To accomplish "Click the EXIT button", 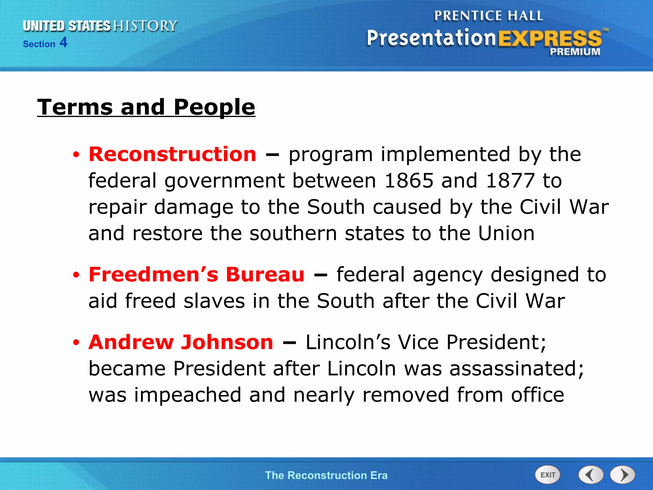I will click(547, 475).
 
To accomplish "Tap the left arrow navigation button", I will click(591, 475).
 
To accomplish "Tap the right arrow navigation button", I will click(623, 475).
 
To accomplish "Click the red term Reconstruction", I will click(172, 154).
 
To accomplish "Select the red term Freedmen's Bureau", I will click(196, 275).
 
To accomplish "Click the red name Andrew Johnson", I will click(181, 342).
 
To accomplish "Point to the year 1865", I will click(409, 181).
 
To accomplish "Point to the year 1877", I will click(510, 181).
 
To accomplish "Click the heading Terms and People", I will click(146, 107).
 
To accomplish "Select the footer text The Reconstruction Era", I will click(326, 475).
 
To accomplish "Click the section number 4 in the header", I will click(63, 42).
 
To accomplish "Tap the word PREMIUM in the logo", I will click(575, 52).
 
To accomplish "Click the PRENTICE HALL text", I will click(488, 16).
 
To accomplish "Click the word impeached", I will click(187, 395).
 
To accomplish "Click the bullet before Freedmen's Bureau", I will click(76, 275).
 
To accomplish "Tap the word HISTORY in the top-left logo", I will click(145, 26).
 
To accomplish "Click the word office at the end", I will click(538, 395).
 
